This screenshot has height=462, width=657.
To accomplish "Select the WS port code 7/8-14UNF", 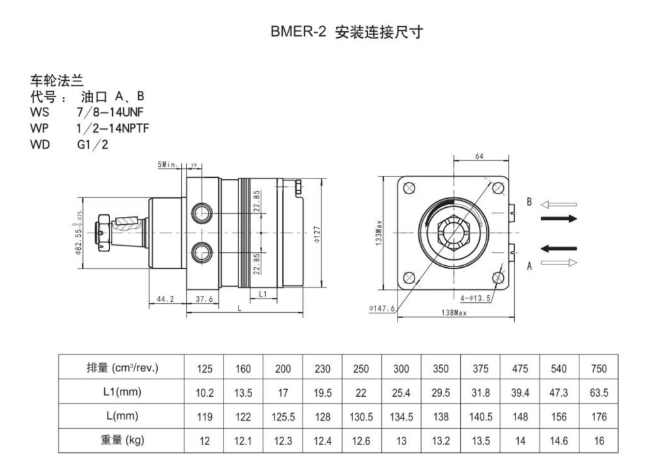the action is point(110,112).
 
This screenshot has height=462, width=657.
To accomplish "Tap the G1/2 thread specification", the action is point(93,145).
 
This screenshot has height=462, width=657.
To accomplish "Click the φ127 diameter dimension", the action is point(317,234).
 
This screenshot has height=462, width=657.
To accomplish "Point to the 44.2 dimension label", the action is point(165,298).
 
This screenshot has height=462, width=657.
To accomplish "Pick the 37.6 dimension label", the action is point(204,298).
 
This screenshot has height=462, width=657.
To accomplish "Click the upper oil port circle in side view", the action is point(202,214).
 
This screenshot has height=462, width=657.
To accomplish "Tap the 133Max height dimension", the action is point(379,233).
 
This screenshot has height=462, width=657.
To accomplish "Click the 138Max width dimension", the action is point(454,313).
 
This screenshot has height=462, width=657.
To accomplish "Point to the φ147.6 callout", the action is point(382,308).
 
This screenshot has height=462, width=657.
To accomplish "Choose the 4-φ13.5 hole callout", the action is point(475,298).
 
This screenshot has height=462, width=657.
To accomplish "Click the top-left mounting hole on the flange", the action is point(409,188).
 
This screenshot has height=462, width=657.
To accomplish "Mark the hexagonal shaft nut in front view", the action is point(454,233).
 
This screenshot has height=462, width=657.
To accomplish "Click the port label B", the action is point(529,202).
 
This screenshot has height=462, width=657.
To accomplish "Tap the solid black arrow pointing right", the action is point(559,218).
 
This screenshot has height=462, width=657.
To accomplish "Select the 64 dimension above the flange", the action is point(479,156).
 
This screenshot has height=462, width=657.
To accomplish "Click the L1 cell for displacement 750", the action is point(599,392).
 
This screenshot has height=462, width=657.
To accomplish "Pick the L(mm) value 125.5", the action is point(283,417).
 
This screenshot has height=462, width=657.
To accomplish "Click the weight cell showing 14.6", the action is point(559,440).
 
